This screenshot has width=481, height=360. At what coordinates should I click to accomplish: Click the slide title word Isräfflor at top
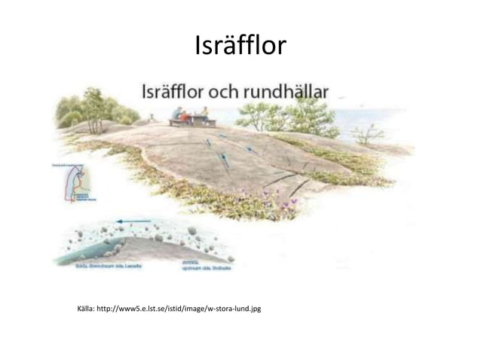240,47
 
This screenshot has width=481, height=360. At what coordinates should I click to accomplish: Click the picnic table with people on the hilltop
191,119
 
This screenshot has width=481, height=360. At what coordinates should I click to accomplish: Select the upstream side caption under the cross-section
204,265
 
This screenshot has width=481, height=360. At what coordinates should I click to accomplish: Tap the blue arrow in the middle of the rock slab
224,159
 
